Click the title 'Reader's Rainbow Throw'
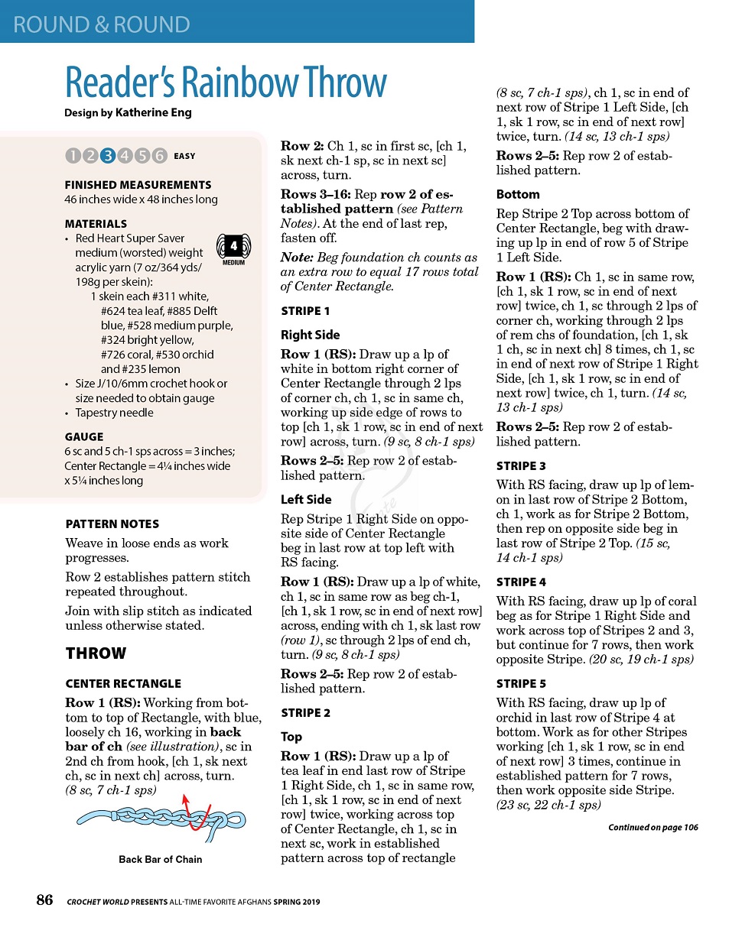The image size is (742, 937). tap(226, 83)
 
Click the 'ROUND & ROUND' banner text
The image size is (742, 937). tap(102, 24)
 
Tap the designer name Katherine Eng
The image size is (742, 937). tap(153, 112)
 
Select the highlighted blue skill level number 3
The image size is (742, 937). tap(108, 156)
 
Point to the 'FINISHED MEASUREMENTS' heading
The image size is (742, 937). tap(138, 185)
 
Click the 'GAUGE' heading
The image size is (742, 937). tap(84, 437)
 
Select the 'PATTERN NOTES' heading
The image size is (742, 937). tap(112, 524)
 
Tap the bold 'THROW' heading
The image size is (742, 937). tap(96, 653)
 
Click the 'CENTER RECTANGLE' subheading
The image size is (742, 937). tap(123, 684)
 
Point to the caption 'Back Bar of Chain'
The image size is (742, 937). tap(161, 859)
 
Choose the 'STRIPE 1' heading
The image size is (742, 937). tap(305, 311)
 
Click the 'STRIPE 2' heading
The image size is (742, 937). tap(306, 713)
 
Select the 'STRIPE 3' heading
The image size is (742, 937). tap(521, 466)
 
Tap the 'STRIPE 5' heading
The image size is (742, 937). tap(521, 684)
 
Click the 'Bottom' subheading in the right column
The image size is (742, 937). tap(518, 195)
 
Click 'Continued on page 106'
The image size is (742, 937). tap(653, 828)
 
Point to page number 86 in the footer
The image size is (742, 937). tap(45, 900)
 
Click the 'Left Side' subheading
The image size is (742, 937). tap(306, 500)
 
